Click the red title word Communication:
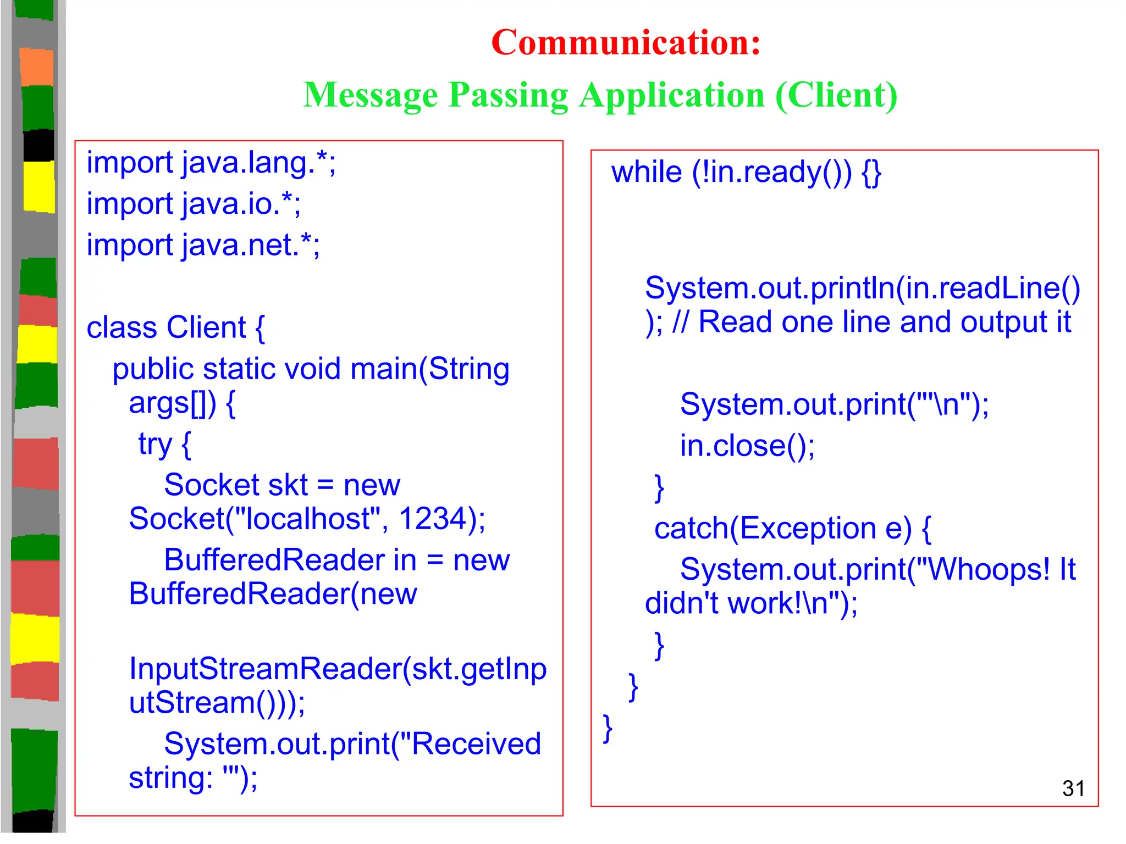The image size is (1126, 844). tap(626, 42)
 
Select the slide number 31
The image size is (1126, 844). tap(1073, 789)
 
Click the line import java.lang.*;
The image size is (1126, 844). tap(211, 163)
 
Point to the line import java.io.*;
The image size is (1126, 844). tap(194, 204)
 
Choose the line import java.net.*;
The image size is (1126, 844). tap(203, 245)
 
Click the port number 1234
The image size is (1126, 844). tap(433, 518)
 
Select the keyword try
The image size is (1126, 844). tap(155, 444)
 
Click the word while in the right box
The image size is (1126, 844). tap(647, 172)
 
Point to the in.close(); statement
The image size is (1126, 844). tap(747, 446)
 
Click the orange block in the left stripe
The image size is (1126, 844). tap(37, 67)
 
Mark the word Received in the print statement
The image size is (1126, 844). tap(476, 744)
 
